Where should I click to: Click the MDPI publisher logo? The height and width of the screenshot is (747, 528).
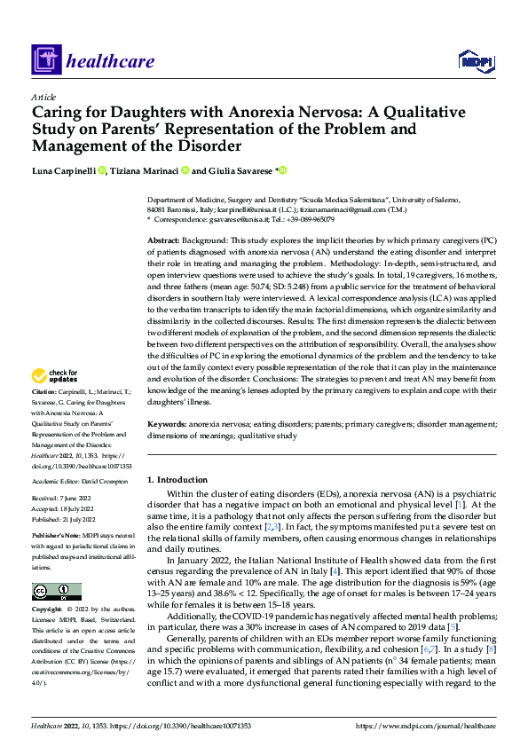coord(476,61)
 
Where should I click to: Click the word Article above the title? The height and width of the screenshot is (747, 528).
coord(43,97)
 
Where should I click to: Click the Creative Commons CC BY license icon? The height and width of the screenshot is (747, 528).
coord(56,592)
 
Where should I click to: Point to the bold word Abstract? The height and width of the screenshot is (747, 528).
coord(164,241)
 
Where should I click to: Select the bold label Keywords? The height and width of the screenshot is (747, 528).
coord(167,425)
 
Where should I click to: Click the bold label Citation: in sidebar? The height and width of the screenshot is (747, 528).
coord(46,416)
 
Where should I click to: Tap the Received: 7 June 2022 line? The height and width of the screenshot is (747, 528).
coord(67,499)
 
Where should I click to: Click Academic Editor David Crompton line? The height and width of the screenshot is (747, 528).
coord(82,480)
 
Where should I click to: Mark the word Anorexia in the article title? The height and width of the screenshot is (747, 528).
coord(236,113)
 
